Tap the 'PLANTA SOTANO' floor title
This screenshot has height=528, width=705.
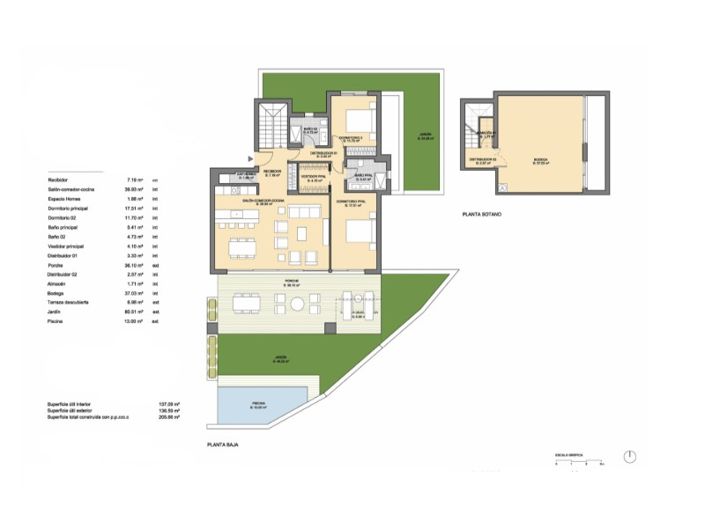click(482, 214)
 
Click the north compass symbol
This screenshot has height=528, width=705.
click(629, 456)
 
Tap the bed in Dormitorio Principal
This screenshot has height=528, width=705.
click(358, 232)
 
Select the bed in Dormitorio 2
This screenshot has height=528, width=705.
click(362, 118)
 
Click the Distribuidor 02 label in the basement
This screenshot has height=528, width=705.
click(482, 160)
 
